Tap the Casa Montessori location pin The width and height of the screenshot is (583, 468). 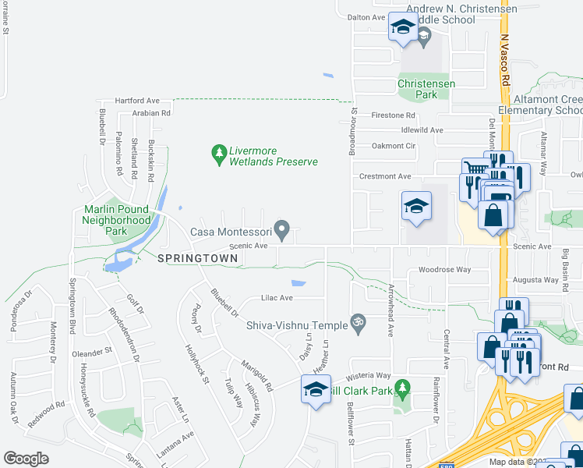pyautogui.click(x=284, y=231)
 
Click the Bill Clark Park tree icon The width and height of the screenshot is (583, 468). pyautogui.click(x=402, y=388)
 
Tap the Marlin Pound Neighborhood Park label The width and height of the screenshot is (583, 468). pyautogui.click(x=117, y=221)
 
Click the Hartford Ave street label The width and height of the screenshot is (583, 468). pyautogui.click(x=136, y=101)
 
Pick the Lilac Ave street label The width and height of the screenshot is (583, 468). pyautogui.click(x=276, y=298)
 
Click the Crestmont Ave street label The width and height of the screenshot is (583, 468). pyautogui.click(x=384, y=176)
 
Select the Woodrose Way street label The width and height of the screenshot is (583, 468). pyautogui.click(x=444, y=269)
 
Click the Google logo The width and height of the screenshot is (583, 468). pyautogui.click(x=26, y=458)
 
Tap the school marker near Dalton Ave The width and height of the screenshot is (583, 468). pyautogui.click(x=402, y=27)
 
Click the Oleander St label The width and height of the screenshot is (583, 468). pyautogui.click(x=93, y=352)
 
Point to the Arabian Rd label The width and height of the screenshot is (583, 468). pyautogui.click(x=150, y=113)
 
